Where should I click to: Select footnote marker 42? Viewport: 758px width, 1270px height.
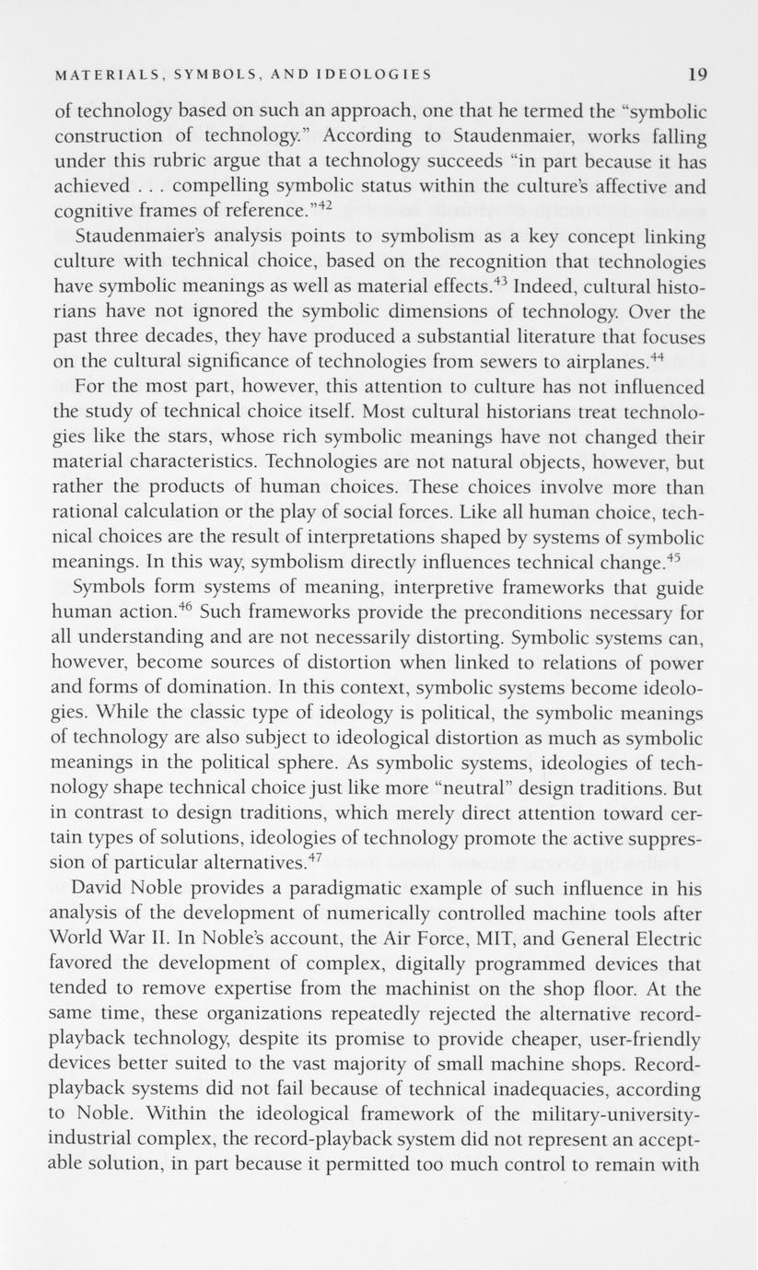321,205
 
